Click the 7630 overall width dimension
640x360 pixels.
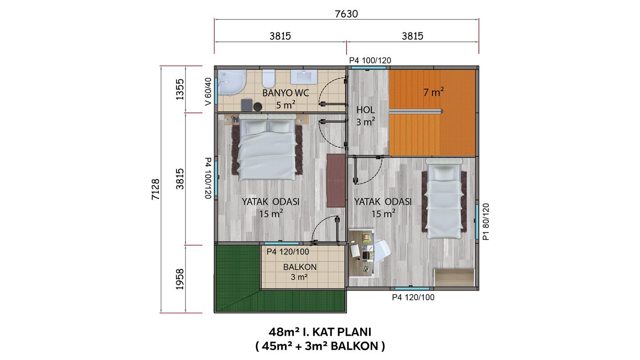coord(346,14)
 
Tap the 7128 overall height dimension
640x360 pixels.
coord(156,189)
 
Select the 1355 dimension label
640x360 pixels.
coord(180,90)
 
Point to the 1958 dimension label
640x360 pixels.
coord(180,279)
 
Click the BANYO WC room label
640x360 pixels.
coord(286,93)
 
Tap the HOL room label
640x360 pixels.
coord(365,110)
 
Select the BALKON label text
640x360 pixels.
coord(300,267)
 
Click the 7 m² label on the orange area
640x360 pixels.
coord(433,92)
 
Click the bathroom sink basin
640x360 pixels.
coord(304,77)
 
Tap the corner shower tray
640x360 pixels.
coord(232,82)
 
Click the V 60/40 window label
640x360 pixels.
coord(208,91)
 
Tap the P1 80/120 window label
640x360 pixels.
coord(486,222)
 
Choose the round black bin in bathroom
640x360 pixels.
coord(258,107)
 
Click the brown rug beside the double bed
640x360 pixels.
coord(336,180)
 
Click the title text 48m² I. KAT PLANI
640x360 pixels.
coord(320,332)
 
